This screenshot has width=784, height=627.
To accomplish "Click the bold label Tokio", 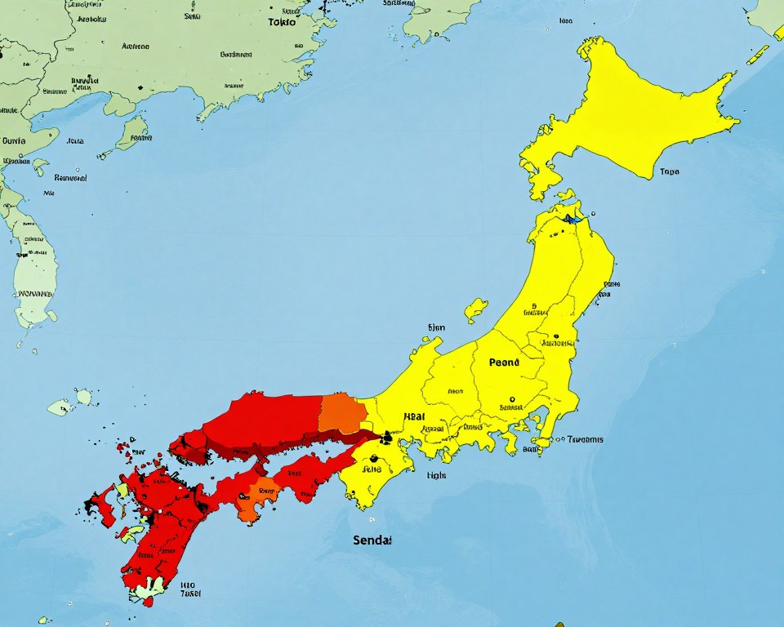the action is pos(282,22).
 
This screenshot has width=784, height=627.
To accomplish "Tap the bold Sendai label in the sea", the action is pos(372,540).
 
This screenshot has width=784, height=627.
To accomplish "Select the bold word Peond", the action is pos(504,362).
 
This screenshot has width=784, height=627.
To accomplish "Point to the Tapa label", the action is pos(669,172).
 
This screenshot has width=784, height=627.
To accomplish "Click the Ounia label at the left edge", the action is pos(14,140).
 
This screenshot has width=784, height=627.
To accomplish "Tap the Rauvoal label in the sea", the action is pos(70,177).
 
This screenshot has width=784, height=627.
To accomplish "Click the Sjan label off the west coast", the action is pos(437,327).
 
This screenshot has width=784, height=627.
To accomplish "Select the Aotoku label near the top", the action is pos(90,16).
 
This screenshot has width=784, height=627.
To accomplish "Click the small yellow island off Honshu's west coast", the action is pos(475,309).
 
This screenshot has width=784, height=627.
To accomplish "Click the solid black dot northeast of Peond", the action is pos(555,336).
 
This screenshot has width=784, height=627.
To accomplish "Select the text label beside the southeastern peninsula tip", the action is pos(585,439).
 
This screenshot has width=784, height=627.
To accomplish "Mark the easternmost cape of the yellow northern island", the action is pos(737,122).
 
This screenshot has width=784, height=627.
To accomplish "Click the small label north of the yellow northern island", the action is pos(565,20).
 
